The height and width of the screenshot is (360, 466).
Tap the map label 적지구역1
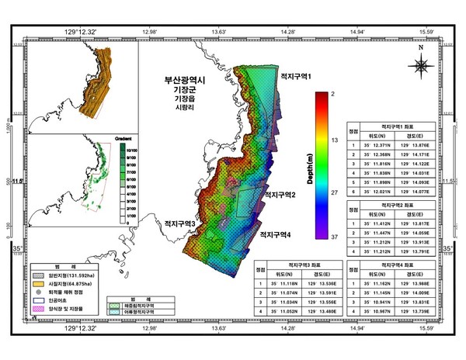(296, 76)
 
